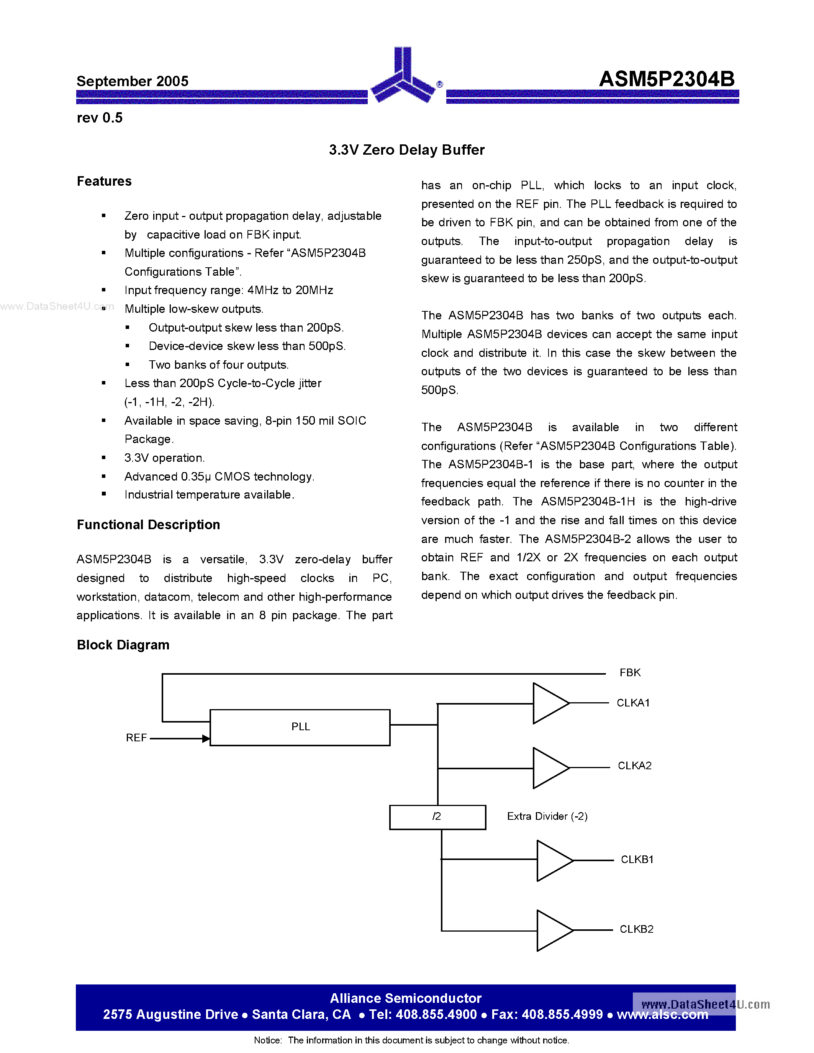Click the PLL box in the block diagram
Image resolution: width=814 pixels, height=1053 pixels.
(300, 728)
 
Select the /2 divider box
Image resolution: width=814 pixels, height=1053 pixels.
(437, 817)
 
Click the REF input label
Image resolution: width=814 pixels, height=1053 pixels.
(136, 738)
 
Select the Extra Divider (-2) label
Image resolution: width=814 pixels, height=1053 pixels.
(547, 816)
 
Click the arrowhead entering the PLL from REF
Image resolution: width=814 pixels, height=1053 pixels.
(206, 738)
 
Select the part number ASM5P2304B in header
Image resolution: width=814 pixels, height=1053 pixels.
(667, 79)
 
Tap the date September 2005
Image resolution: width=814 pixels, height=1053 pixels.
(132, 81)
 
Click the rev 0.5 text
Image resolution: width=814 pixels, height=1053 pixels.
(99, 118)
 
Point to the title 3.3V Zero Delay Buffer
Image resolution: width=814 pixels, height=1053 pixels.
(406, 150)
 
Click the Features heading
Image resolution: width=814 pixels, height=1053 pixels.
(104, 181)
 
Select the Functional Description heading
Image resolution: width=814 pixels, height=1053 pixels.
(148, 525)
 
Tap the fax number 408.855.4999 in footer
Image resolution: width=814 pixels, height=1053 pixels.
(562, 1014)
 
